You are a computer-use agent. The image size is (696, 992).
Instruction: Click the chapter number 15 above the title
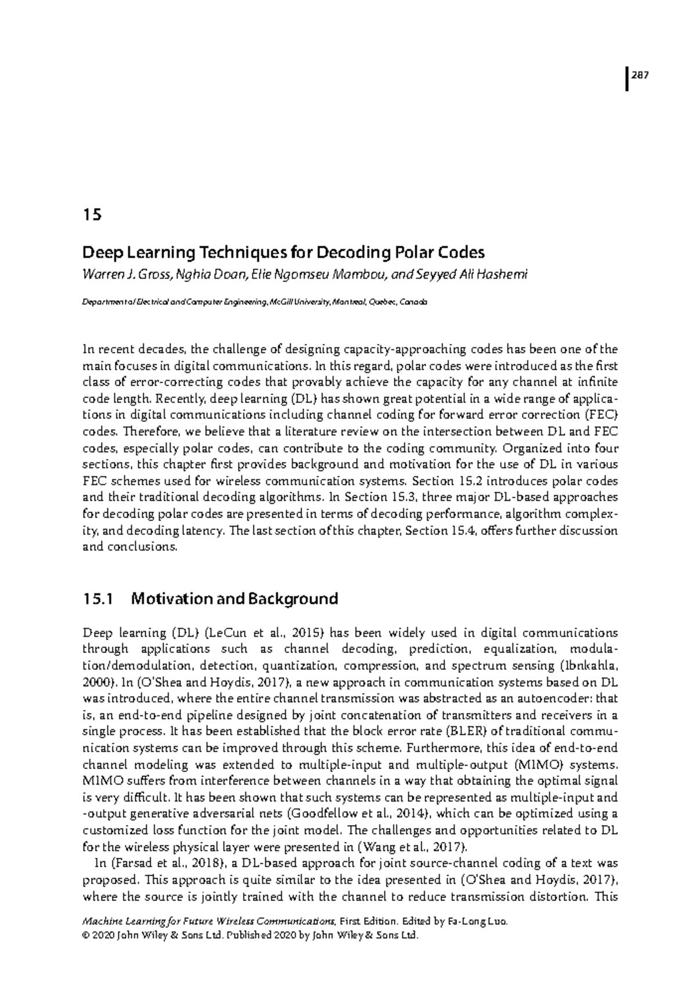[x=92, y=214]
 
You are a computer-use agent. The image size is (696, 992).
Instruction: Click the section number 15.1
[x=97, y=598]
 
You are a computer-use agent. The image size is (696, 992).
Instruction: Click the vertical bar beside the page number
[x=628, y=79]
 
